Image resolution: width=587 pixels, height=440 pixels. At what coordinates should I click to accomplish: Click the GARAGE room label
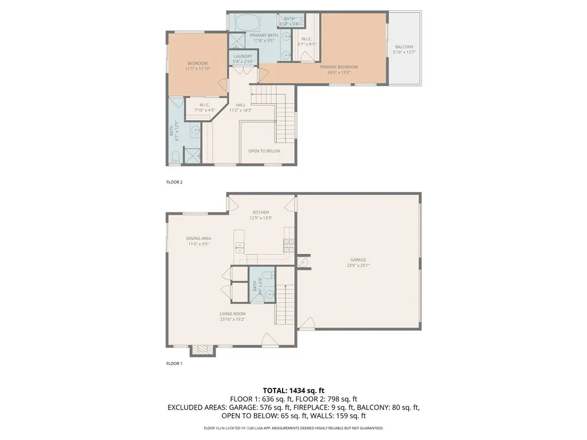[358, 260]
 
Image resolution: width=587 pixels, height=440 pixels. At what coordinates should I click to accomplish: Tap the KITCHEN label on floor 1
[260, 213]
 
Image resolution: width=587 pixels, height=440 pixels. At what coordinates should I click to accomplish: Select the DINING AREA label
[198, 238]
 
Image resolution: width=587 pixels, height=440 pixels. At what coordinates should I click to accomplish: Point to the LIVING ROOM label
[232, 313]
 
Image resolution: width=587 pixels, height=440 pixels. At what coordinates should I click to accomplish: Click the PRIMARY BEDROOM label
[335, 66]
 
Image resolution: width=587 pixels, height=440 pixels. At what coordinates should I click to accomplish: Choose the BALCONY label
[404, 47]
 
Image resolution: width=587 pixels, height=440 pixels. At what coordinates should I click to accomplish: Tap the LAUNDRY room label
[243, 56]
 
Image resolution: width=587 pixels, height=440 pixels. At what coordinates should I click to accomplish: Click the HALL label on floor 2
[241, 104]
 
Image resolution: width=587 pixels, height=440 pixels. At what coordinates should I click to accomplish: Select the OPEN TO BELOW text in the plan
[264, 151]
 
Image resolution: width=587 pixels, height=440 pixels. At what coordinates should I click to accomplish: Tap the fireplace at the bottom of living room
[201, 350]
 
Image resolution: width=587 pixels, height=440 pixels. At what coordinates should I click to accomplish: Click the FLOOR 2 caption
[174, 182]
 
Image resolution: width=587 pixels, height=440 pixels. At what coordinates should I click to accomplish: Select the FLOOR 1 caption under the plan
[174, 363]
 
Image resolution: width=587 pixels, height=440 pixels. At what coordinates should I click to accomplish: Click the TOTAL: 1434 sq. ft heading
[293, 390]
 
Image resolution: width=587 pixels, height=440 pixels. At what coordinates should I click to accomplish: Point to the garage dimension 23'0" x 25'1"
[358, 265]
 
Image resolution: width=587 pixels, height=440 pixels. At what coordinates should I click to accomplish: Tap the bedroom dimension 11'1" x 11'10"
[198, 69]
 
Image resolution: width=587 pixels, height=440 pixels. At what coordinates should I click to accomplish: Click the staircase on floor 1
[285, 304]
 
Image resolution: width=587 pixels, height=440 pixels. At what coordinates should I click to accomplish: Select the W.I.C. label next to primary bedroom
[305, 39]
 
